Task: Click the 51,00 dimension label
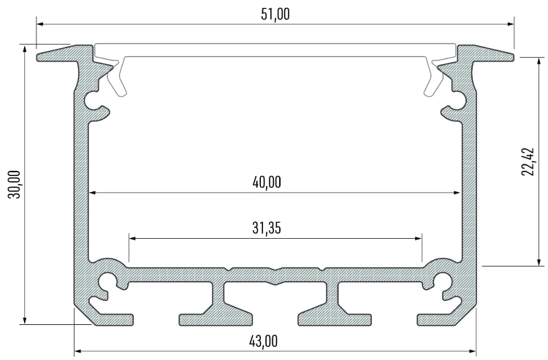(275, 15)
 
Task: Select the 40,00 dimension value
(267, 183)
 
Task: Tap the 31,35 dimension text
(267, 228)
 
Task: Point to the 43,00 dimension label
(264, 341)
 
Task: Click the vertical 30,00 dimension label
(15, 184)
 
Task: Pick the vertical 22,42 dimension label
(528, 162)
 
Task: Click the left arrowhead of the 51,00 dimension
(39, 24)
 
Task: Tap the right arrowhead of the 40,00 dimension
(457, 192)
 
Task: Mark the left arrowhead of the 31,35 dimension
(132, 239)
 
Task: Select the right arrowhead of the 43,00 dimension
(473, 351)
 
